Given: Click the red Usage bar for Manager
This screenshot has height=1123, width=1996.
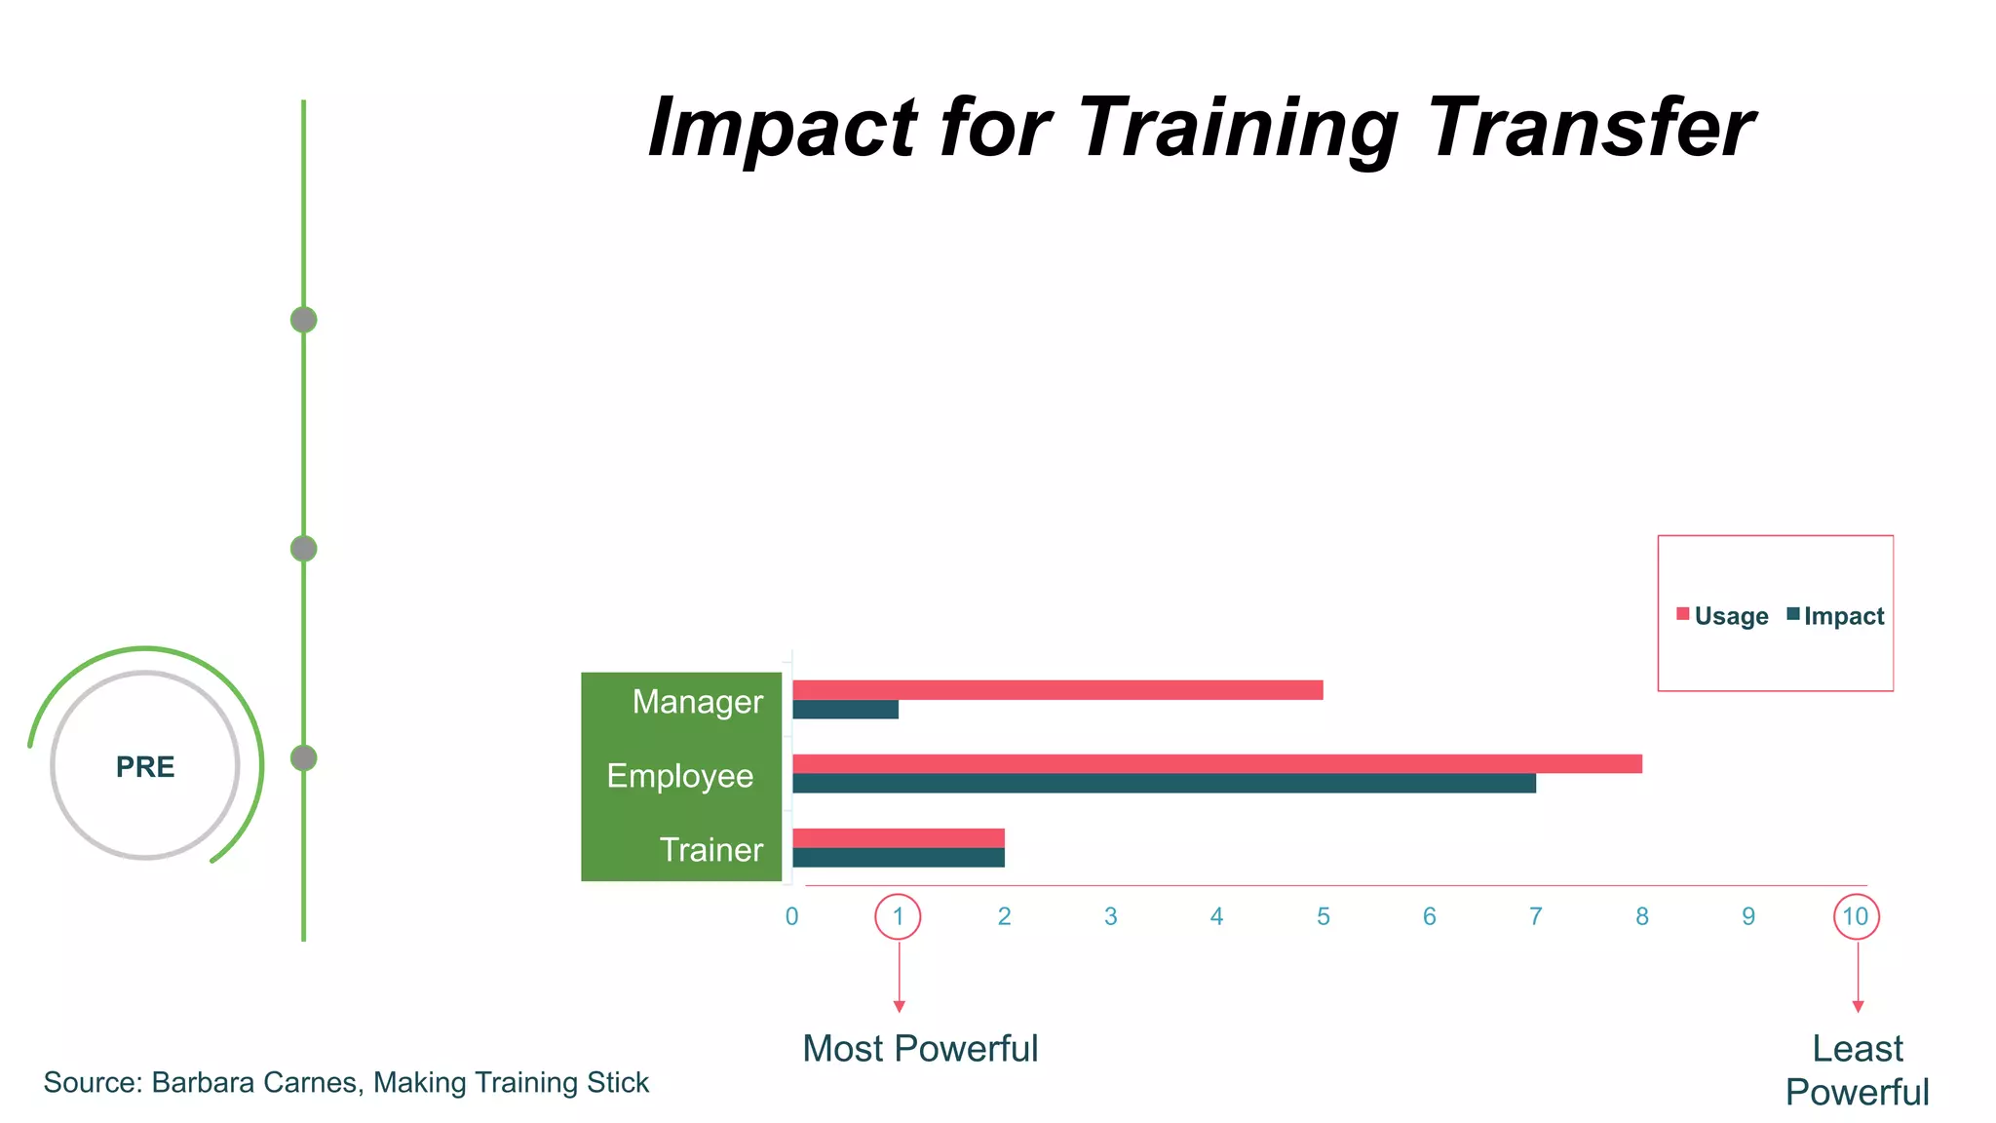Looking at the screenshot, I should pyautogui.click(x=1057, y=690).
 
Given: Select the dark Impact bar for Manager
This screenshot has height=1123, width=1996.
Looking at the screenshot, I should pyautogui.click(x=845, y=710).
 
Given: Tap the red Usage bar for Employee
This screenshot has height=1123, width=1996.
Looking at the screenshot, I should pyautogui.click(x=1216, y=763).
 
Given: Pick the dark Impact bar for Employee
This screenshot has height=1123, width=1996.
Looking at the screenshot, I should pyautogui.click(x=1164, y=783).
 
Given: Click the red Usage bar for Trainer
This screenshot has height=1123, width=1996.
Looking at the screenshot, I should pyautogui.click(x=898, y=837).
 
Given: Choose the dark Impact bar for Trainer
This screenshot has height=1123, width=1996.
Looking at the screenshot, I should pyautogui.click(x=898, y=858).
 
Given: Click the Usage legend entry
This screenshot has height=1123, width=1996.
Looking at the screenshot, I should pyautogui.click(x=1722, y=616).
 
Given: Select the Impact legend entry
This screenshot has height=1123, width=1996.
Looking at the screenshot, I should pyautogui.click(x=1836, y=616).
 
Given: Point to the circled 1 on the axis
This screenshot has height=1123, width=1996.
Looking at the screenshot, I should pyautogui.click(x=898, y=916).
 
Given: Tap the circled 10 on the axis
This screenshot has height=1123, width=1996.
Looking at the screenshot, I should pyautogui.click(x=1856, y=916).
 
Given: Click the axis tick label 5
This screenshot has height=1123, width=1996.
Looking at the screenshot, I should pyautogui.click(x=1323, y=916).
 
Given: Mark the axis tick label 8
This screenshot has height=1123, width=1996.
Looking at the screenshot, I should pyautogui.click(x=1641, y=916).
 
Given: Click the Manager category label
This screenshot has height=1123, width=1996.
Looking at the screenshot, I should pyautogui.click(x=697, y=702).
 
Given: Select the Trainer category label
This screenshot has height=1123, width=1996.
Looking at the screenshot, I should pyautogui.click(x=710, y=850).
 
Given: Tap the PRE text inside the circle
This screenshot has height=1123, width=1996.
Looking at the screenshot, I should pyautogui.click(x=145, y=767).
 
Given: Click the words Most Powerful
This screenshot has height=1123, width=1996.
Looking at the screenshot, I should pyautogui.click(x=920, y=1049).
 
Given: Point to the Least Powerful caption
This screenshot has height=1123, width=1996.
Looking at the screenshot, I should pyautogui.click(x=1857, y=1070).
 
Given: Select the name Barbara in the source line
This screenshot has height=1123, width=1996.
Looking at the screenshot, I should pyautogui.click(x=203, y=1083).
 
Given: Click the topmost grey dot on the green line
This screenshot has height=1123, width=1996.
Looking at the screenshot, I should pyautogui.click(x=304, y=320).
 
